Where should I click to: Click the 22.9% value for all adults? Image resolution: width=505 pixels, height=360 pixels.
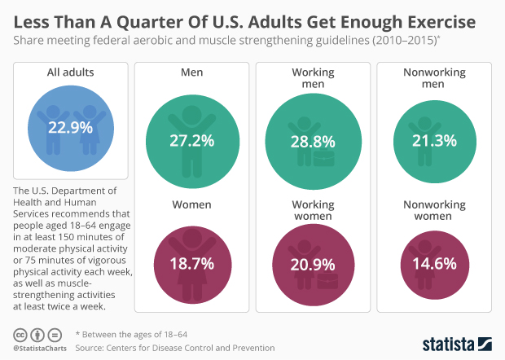click(x=69, y=128)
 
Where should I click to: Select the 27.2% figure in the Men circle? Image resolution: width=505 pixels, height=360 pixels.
click(x=191, y=140)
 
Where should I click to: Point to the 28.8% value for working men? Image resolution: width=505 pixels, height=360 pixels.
click(x=314, y=140)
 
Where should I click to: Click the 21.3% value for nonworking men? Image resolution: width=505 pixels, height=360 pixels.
click(x=434, y=140)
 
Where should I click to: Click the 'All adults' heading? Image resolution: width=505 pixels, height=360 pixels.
click(x=69, y=72)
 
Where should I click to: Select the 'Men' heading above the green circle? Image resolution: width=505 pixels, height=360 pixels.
click(x=191, y=72)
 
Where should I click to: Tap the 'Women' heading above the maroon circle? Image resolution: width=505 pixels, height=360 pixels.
click(x=191, y=204)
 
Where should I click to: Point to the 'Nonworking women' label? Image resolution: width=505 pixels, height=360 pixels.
click(x=434, y=210)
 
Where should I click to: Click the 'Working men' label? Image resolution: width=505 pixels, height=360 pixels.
click(x=314, y=78)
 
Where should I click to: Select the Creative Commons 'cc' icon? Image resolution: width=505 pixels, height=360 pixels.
click(x=20, y=335)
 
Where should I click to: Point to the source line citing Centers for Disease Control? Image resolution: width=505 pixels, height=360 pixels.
click(x=174, y=348)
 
